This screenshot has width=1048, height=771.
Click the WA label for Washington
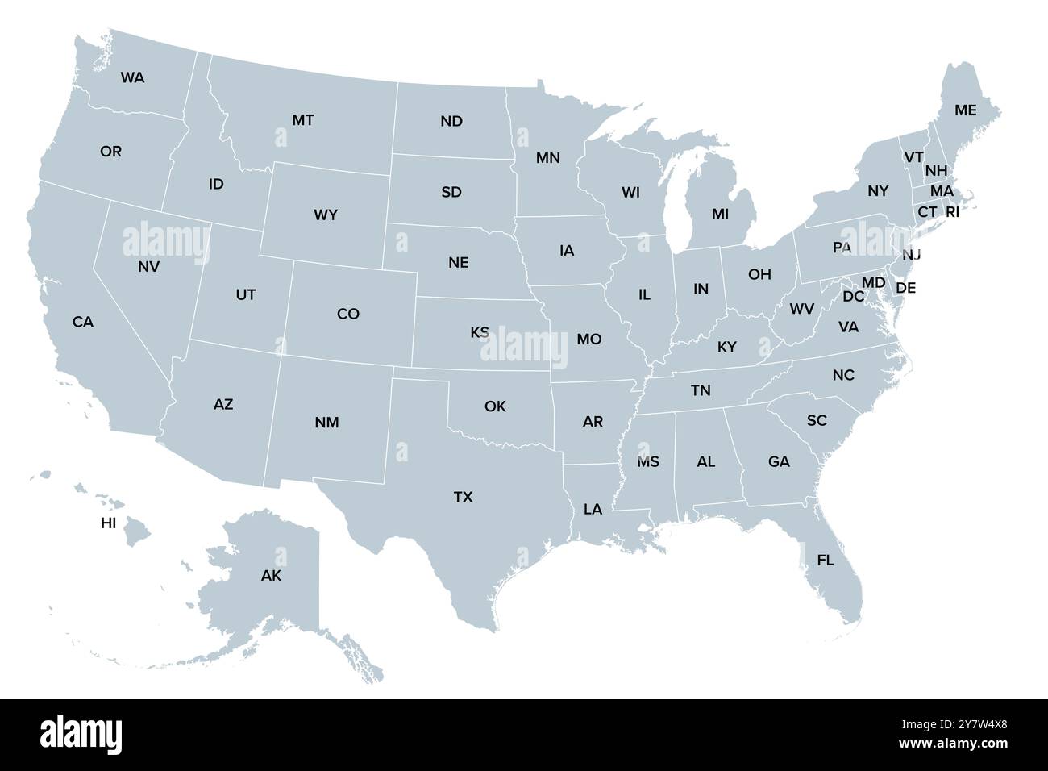133,78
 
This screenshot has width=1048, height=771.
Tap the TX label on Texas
463,498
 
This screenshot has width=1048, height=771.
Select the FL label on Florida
826,560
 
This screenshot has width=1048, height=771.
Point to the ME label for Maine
965,110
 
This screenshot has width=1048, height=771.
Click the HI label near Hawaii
109,523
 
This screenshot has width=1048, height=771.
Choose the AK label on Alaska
272,576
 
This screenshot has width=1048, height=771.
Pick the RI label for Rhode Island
952,212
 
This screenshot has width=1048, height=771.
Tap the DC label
853,297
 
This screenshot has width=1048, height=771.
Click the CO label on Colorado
348,315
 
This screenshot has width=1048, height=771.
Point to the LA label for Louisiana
593,509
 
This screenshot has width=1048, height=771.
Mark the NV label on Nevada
148,265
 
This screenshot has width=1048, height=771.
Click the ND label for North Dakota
451,121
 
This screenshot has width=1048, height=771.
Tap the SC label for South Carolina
817,420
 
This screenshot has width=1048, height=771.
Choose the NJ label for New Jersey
911,255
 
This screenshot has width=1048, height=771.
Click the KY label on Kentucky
727,348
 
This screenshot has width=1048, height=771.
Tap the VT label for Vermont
913,156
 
